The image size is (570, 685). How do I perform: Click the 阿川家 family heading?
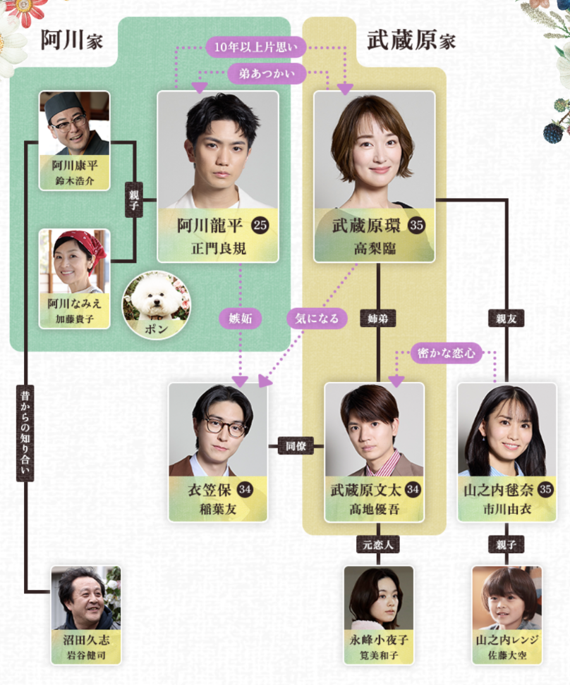(x=71, y=40)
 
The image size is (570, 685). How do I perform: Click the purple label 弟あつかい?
(x=267, y=72)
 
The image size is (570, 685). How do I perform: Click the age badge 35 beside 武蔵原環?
(x=416, y=226)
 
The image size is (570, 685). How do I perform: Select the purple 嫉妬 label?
(x=240, y=318)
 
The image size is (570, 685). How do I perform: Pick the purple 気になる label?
(x=317, y=318)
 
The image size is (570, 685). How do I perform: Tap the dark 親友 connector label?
(x=507, y=319)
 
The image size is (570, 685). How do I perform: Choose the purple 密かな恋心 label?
(x=447, y=352)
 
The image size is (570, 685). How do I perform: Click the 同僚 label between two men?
(x=296, y=446)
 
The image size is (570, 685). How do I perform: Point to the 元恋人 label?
(x=377, y=543)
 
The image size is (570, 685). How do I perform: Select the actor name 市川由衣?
(x=506, y=509)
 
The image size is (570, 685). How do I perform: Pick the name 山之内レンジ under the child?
(x=507, y=641)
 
